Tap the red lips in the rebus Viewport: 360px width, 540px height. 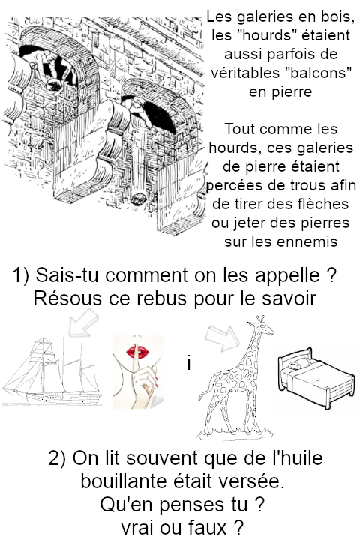coord(137,352)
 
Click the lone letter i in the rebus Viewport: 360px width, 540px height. coord(189,363)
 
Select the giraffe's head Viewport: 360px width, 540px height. coord(261,325)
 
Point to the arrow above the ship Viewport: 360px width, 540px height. coord(82,322)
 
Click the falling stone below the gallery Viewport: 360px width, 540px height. coord(138,198)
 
